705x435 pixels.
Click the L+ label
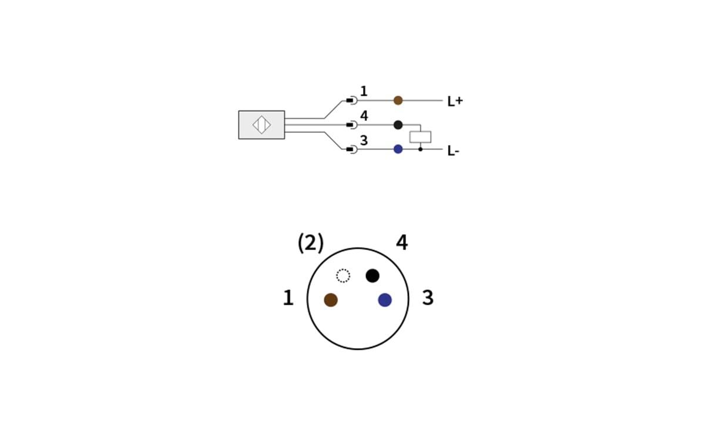[455, 101]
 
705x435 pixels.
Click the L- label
[453, 151]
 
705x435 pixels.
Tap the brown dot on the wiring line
[398, 100]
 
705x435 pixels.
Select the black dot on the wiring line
[398, 124]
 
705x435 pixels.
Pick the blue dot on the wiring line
[398, 149]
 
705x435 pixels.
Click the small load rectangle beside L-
[420, 137]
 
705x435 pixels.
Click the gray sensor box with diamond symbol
[261, 125]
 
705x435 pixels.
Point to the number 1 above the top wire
[364, 91]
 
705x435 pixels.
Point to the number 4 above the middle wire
[364, 116]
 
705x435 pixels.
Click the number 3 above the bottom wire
[364, 141]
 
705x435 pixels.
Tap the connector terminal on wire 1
[351, 100]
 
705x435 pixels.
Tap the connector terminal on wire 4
[351, 124]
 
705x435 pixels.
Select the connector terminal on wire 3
[351, 149]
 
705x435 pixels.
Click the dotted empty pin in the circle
[343, 275]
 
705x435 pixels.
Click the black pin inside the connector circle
[372, 275]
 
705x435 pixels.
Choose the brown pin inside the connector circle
[331, 300]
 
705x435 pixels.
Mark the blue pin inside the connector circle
[385, 300]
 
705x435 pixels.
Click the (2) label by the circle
[310, 242]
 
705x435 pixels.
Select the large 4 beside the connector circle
[402, 242]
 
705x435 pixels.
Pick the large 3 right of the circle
[428, 298]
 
